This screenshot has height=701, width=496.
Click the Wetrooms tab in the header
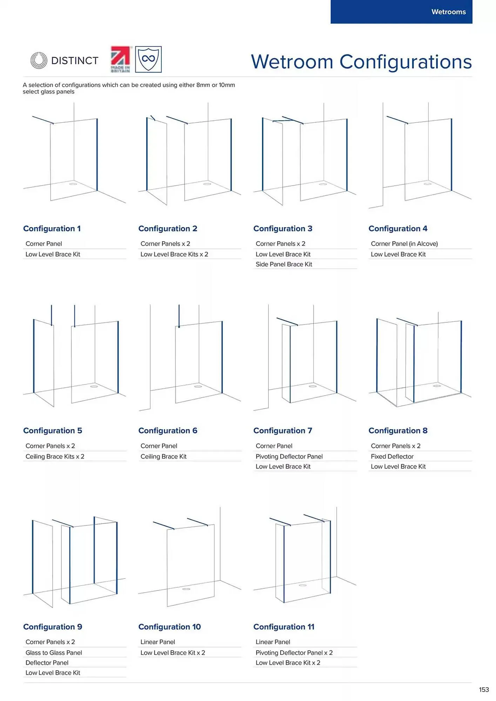448,12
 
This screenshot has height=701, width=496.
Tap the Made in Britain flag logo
120,59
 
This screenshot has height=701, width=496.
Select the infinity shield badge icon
148,59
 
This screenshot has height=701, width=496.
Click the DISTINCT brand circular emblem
39,60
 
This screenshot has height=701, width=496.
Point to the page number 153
484,689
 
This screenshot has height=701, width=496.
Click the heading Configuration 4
398,229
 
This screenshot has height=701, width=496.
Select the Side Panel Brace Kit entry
283,264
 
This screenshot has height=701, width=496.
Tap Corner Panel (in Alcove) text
404,244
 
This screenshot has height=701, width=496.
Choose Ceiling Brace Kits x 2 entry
55,456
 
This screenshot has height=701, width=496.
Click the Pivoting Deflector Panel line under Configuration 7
289,456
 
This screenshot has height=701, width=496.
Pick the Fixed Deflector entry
392,456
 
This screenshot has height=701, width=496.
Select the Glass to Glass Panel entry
54,653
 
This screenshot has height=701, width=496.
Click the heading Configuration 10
169,627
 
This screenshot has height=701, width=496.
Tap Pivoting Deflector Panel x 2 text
294,653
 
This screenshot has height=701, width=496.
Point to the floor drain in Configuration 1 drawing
73,184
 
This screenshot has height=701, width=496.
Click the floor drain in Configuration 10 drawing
186,589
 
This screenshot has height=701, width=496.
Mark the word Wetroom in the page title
292,62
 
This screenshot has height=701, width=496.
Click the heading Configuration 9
53,627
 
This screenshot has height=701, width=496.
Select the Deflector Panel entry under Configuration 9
47,662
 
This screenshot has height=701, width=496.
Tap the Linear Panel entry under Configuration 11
273,642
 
